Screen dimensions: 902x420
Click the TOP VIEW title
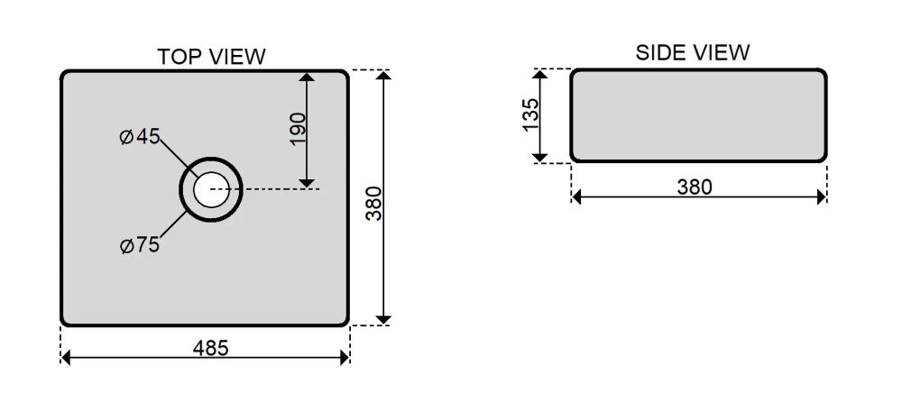212,57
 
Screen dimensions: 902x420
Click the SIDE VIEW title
693,52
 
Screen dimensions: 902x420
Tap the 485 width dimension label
210,348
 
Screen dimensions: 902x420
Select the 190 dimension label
299,129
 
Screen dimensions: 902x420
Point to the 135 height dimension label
531,114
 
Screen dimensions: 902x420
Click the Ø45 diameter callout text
139,137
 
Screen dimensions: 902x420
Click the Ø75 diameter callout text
139,245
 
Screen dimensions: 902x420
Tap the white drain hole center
210,189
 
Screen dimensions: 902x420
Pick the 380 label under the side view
695,187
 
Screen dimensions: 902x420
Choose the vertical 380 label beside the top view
374,204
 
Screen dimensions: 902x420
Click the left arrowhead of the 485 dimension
66,358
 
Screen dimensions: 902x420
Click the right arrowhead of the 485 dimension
345,358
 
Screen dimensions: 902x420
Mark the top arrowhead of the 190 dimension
308,77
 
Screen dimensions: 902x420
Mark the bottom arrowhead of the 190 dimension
308,183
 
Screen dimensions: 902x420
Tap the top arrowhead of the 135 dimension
539,74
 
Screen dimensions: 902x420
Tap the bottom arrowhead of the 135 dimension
539,157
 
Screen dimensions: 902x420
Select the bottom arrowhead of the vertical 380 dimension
383,319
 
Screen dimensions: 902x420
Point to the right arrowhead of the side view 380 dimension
822,197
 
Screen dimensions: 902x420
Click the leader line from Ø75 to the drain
173,224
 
